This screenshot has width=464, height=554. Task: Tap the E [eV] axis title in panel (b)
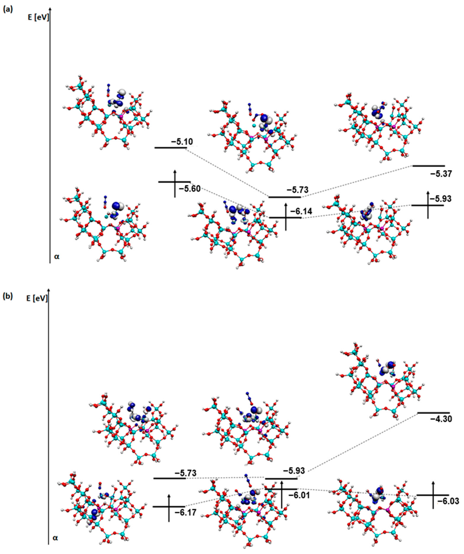tap(37, 298)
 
